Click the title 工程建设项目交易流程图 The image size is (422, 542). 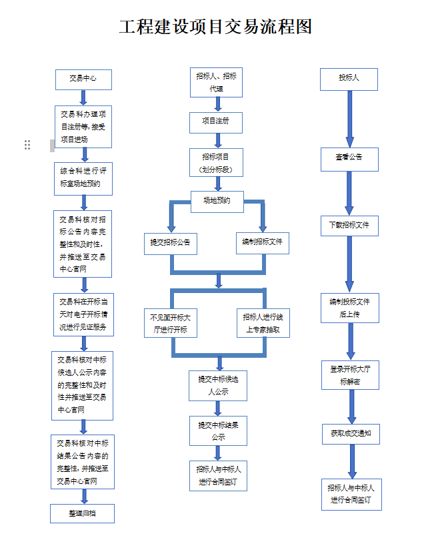tap(215, 27)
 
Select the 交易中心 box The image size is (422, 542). tap(83, 79)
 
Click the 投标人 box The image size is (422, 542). tap(349, 79)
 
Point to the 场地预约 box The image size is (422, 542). tap(217, 201)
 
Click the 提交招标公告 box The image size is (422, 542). tap(171, 242)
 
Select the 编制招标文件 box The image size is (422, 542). tap(262, 242)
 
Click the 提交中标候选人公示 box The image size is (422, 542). tap(217, 386)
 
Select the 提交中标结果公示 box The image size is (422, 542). tap(217, 431)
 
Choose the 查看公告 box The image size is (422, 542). tap(349, 158)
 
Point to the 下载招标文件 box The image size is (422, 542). tap(349, 225)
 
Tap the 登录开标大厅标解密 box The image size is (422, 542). tap(350, 375)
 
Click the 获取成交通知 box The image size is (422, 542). tap(350, 433)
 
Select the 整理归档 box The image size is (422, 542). tap(83, 513)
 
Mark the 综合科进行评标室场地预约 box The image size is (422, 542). tap(83, 177)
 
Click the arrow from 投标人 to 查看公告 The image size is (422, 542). tap(349, 117)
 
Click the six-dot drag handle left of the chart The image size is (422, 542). tap(27, 144)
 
